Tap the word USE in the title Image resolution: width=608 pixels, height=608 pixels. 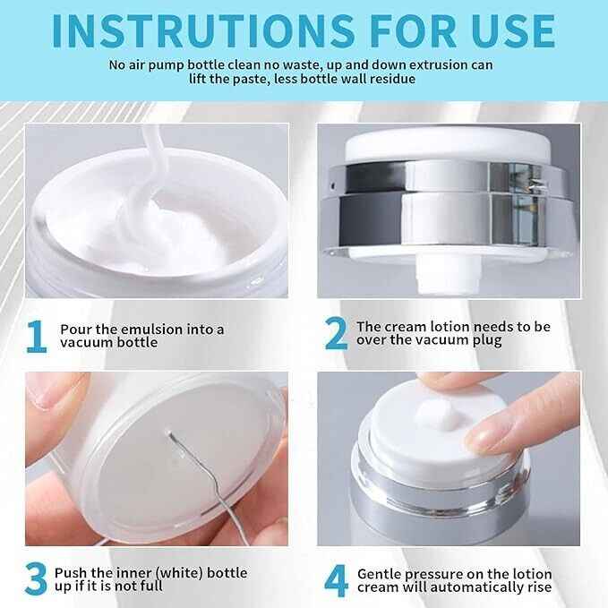click(514, 31)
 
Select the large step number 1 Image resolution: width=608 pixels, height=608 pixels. click(37, 337)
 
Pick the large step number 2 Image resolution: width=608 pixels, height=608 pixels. click(336, 334)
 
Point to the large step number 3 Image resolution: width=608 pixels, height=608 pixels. click(36, 579)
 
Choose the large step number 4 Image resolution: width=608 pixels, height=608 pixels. click(336, 580)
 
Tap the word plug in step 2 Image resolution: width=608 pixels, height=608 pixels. click(487, 341)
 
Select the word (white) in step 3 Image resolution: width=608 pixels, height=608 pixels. click(181, 573)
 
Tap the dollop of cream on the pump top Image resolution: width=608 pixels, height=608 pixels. click(438, 415)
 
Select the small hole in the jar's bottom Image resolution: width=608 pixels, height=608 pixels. click(168, 431)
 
